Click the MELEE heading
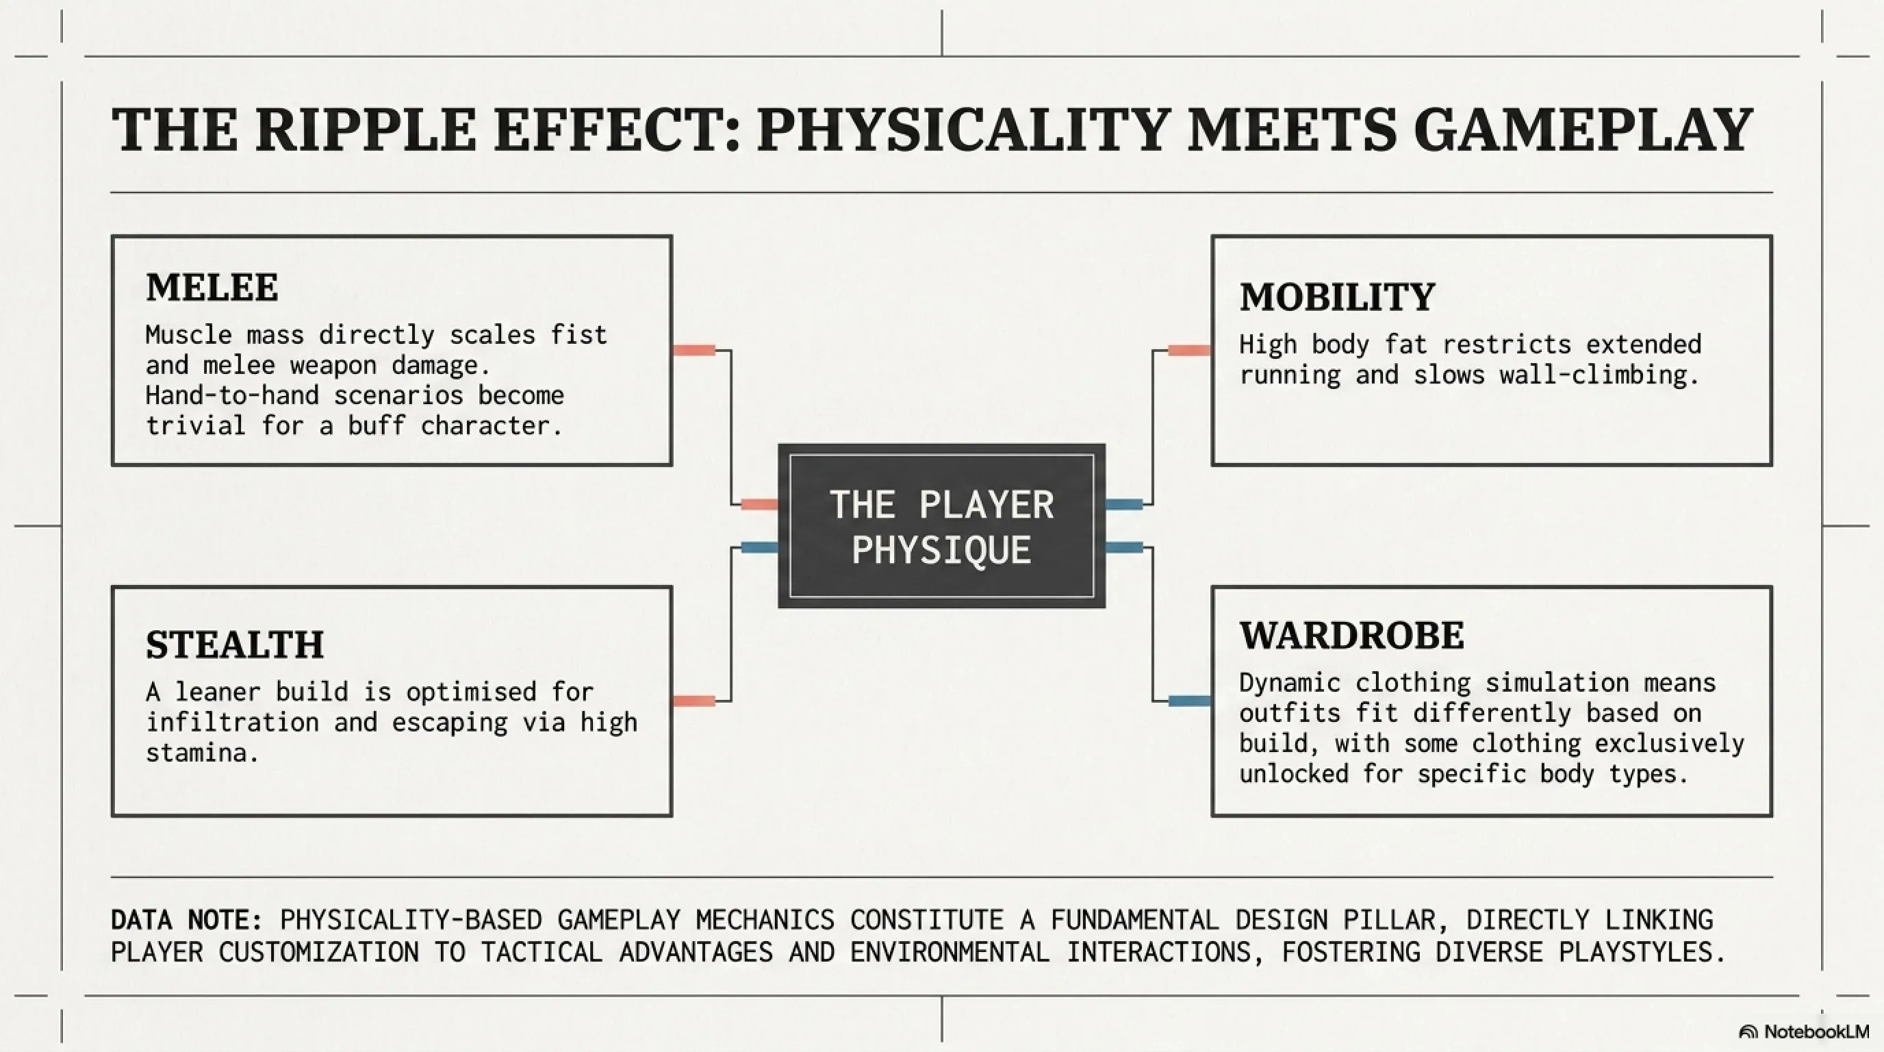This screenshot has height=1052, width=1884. pyautogui.click(x=212, y=287)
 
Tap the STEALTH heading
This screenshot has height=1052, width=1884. pyautogui.click(x=235, y=644)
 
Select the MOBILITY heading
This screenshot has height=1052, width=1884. pyautogui.click(x=1338, y=297)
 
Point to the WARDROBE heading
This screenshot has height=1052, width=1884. pyautogui.click(x=1352, y=635)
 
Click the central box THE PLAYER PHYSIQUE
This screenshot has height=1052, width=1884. pyautogui.click(x=941, y=526)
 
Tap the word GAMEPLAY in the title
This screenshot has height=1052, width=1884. pyautogui.click(x=1583, y=129)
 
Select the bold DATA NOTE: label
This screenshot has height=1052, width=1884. pyautogui.click(x=186, y=920)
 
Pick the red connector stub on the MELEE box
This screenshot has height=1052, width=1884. pyautogui.click(x=693, y=351)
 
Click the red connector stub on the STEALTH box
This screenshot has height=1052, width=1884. pyautogui.click(x=693, y=701)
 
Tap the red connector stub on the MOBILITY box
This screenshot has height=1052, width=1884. pyautogui.click(x=1189, y=351)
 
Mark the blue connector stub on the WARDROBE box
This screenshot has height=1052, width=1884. pyautogui.click(x=1189, y=701)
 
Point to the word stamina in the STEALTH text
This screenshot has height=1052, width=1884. pyautogui.click(x=203, y=753)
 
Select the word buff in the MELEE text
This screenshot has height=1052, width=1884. pyautogui.click(x=376, y=425)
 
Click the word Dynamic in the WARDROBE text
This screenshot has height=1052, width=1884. pyautogui.click(x=1290, y=684)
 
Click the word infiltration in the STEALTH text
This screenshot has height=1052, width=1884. pyautogui.click(x=232, y=722)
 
